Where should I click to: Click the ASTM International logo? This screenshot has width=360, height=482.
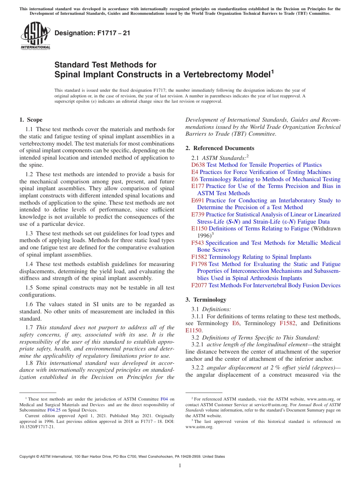(x=35, y=36)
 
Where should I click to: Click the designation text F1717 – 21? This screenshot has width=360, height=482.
(x=92, y=33)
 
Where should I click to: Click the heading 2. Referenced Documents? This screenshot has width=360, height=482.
(x=220, y=148)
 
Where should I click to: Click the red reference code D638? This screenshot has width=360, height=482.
(x=198, y=165)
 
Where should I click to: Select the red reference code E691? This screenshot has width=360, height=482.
(x=198, y=200)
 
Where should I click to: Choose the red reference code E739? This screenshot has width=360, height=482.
(x=198, y=214)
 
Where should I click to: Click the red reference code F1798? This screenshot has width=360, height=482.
(x=199, y=264)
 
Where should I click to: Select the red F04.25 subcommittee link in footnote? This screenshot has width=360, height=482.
(x=53, y=410)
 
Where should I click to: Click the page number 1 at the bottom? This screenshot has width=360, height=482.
(x=180, y=466)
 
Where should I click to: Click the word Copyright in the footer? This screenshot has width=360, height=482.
(x=29, y=457)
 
